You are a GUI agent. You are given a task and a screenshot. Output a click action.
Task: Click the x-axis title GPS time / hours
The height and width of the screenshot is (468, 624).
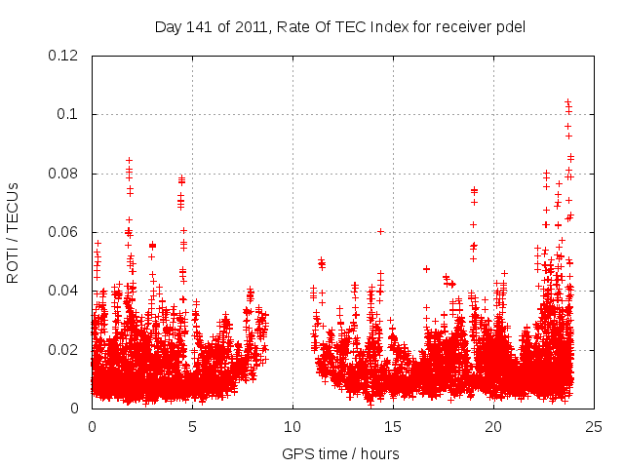pyautogui.click(x=340, y=453)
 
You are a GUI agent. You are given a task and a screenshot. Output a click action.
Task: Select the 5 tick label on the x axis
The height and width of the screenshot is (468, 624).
pyautogui.click(x=192, y=426)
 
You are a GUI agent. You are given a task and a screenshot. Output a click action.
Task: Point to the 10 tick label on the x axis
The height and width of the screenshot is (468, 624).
pyautogui.click(x=292, y=426)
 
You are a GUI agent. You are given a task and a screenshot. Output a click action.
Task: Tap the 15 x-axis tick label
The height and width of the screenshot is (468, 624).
pyautogui.click(x=393, y=426)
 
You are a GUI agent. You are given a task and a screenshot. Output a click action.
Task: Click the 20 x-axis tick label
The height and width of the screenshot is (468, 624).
pyautogui.click(x=493, y=426)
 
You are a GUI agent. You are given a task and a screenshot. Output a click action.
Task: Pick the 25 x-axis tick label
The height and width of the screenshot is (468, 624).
pyautogui.click(x=594, y=426)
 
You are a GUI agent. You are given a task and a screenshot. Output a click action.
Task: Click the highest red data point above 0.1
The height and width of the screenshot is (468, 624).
pyautogui.click(x=567, y=101)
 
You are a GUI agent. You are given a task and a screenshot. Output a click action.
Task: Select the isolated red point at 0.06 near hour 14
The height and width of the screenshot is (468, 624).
pyautogui.click(x=380, y=231)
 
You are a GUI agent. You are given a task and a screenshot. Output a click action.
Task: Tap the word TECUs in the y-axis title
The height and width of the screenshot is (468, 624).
pyautogui.click(x=13, y=206)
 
